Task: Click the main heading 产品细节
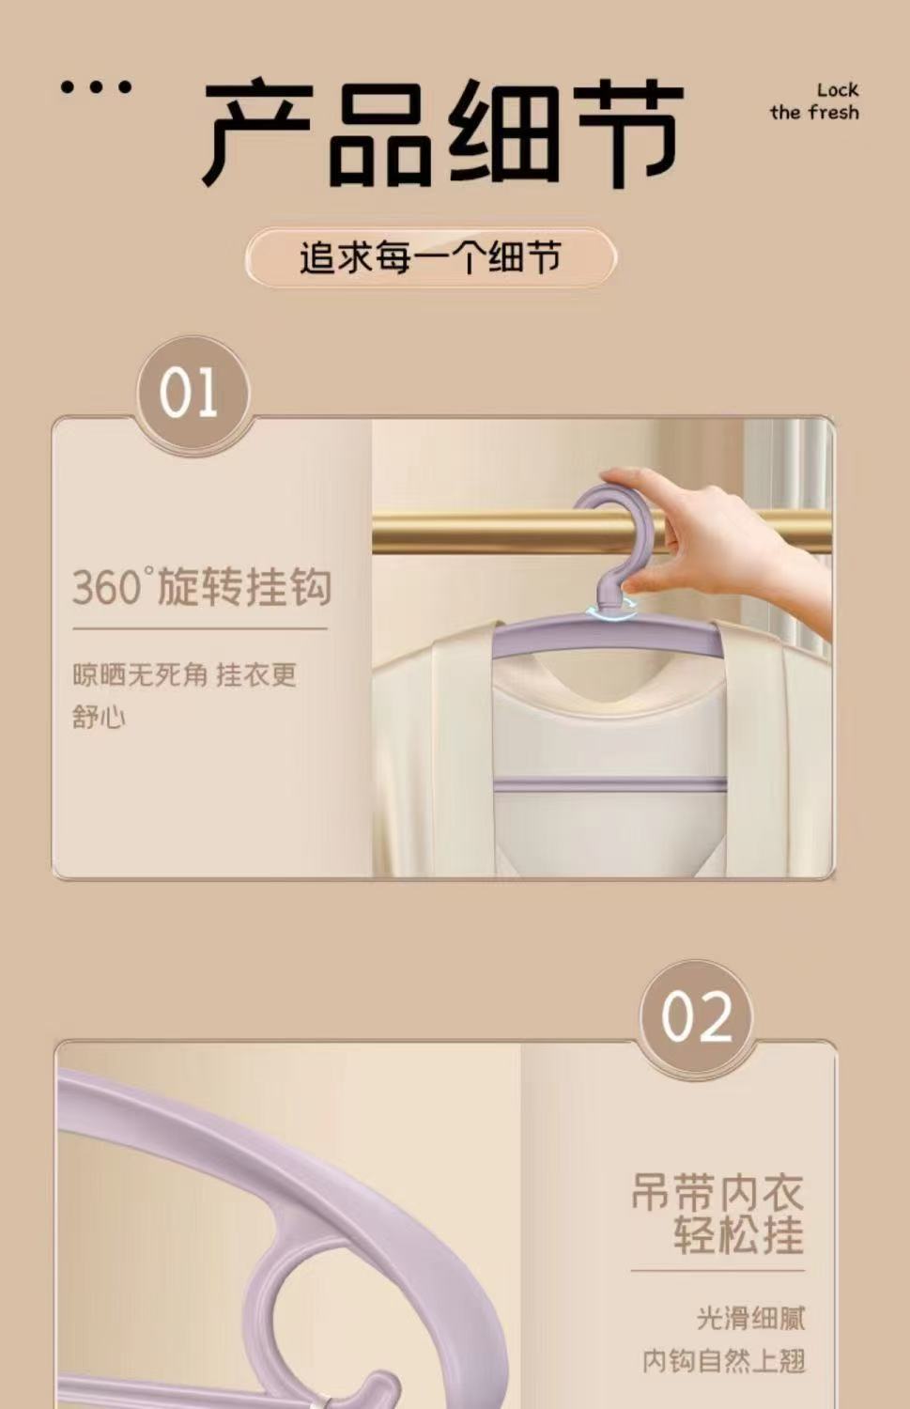pos(442,132)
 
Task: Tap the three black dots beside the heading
pos(96,87)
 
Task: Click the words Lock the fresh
pos(814,101)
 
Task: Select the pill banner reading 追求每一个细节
pos(430,258)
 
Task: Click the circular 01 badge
pos(193,394)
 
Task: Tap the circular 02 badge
pos(696,1017)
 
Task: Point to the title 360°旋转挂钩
pos(202,586)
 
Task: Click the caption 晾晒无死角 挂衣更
pos(184,675)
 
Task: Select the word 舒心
pos(99,717)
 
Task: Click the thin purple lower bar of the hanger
pos(609,784)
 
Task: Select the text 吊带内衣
pos(717,1192)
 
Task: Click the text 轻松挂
pos(739,1235)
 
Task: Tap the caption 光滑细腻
pos(751,1319)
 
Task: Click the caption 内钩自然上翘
pos(724,1361)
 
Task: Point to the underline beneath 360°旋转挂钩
pos(200,627)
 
